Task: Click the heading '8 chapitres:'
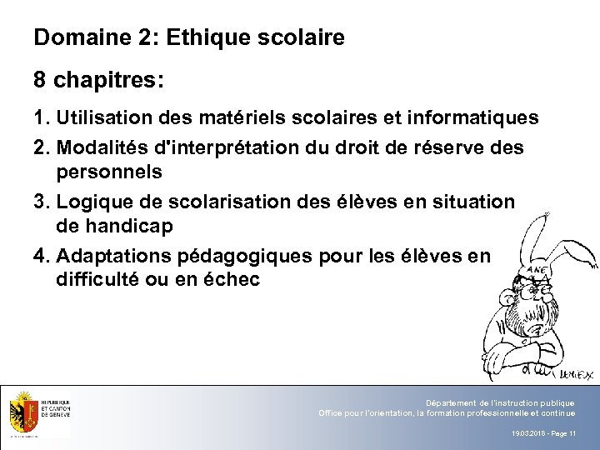tap(98, 82)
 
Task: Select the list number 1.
tap(40, 119)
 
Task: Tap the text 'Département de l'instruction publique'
tap(499, 403)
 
